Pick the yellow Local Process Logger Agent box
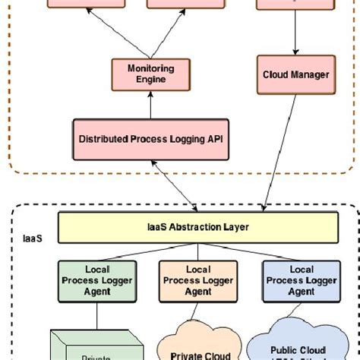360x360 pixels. click(199, 280)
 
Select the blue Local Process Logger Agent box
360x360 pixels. click(301, 280)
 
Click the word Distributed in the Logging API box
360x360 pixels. click(103, 138)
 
